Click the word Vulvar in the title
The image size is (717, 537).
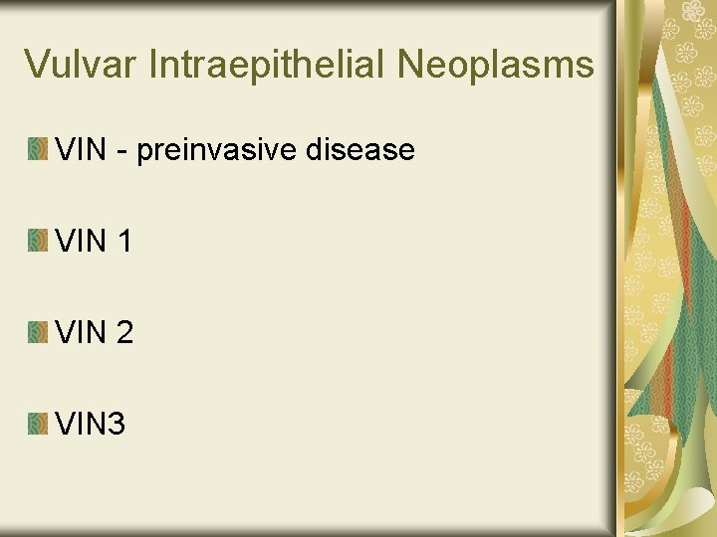tap(82, 66)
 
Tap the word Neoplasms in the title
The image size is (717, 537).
tap(496, 66)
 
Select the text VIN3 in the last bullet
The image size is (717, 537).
tap(92, 425)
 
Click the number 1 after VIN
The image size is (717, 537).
tap(123, 242)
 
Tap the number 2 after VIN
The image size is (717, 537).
tap(123, 333)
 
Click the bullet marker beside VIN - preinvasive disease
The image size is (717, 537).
tap(38, 150)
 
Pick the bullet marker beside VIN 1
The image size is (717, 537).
tap(38, 242)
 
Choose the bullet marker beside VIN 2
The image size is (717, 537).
tap(38, 333)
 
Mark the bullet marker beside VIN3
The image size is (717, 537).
tap(38, 425)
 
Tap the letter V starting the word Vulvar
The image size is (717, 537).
tap(37, 66)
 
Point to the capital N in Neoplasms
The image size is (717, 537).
tap(411, 66)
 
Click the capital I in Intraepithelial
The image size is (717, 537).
tap(154, 66)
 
